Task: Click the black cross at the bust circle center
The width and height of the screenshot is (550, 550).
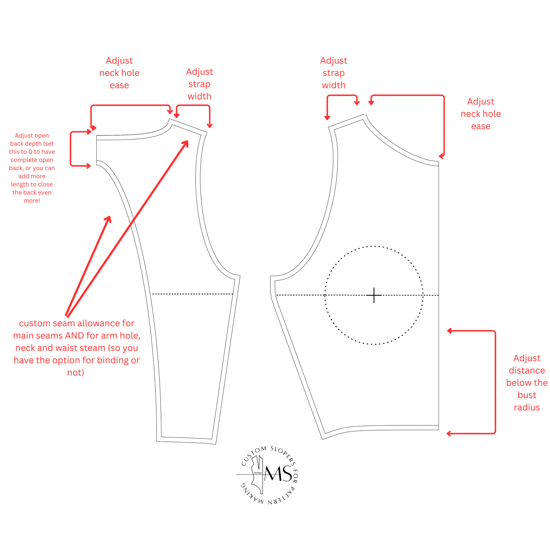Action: pyautogui.click(x=374, y=295)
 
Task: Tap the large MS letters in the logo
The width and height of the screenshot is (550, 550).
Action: pyautogui.click(x=278, y=474)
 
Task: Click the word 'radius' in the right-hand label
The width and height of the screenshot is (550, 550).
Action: pyautogui.click(x=527, y=407)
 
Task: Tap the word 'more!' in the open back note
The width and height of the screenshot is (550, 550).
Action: pyautogui.click(x=32, y=201)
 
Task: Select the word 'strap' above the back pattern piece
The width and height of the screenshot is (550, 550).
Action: pyautogui.click(x=199, y=84)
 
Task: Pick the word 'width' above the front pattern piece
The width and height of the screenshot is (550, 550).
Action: pyautogui.click(x=334, y=85)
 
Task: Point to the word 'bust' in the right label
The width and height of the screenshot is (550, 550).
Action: pyautogui.click(x=527, y=395)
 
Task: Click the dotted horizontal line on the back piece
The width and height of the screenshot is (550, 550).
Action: pyautogui.click(x=193, y=294)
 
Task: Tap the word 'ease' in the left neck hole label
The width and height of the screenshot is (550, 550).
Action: pyautogui.click(x=119, y=85)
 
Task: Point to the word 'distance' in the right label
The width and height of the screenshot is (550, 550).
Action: pyautogui.click(x=527, y=370)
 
